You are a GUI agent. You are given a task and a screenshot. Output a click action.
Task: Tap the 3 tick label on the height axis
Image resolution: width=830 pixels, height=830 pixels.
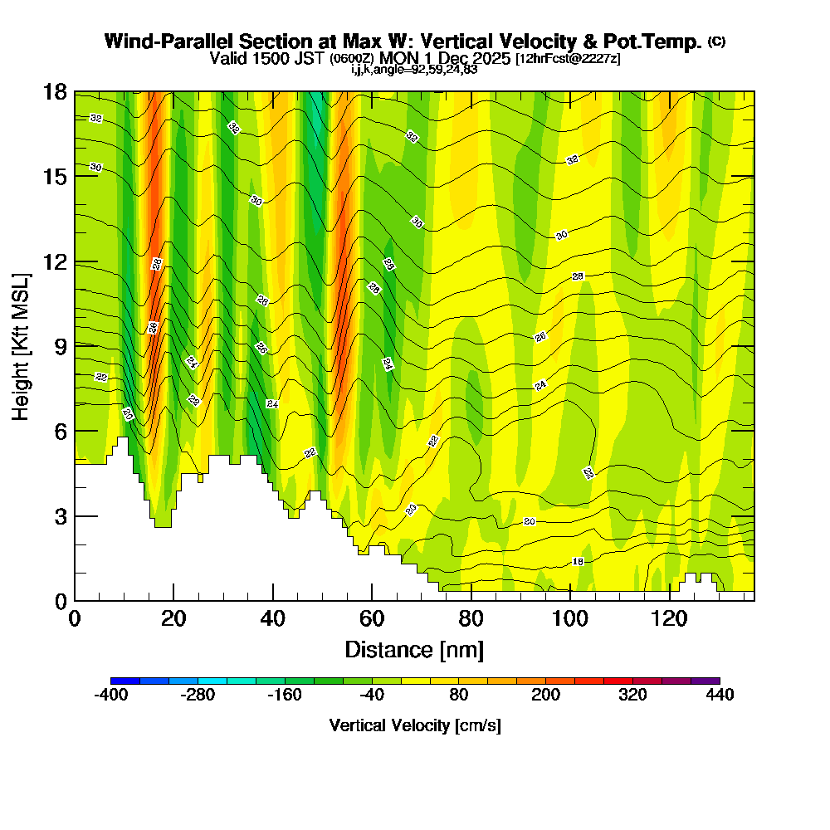click(60, 515)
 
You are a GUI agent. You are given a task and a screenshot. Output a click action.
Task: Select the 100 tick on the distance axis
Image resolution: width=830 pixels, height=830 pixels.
click(570, 600)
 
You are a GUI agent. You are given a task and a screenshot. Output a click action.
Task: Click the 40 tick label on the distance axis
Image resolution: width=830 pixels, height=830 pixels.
click(272, 619)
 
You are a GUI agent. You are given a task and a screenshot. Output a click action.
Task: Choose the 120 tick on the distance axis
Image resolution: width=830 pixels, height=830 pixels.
click(669, 600)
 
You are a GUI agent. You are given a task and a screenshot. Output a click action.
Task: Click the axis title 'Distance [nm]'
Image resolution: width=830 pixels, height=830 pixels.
click(414, 649)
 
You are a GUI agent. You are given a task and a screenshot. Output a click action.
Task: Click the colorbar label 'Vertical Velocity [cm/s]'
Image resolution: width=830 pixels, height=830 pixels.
click(414, 725)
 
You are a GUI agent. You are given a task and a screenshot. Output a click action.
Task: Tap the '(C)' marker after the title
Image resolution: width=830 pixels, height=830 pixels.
click(716, 41)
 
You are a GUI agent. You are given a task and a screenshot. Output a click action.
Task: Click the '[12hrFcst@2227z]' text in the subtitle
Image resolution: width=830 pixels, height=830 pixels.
click(568, 59)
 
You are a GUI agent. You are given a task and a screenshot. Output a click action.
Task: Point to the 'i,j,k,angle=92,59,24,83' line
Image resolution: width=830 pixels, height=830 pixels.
click(414, 69)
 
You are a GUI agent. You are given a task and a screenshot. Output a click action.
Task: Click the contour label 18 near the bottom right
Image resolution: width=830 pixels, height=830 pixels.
click(578, 562)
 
